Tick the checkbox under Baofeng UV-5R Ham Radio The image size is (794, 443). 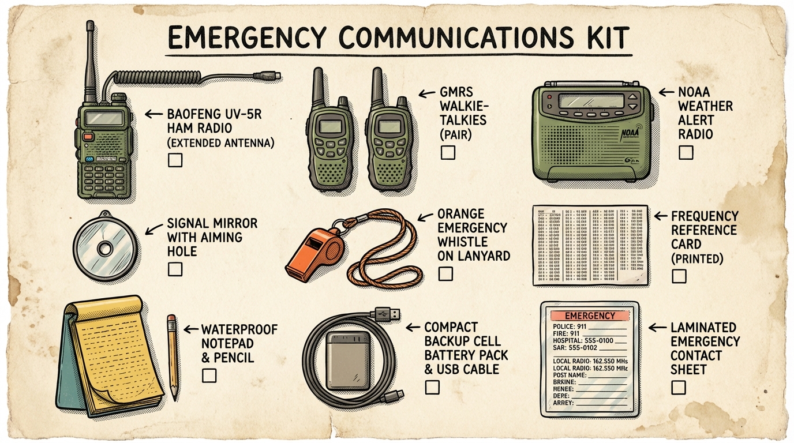tap(175, 160)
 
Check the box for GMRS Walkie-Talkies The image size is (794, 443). tap(447, 152)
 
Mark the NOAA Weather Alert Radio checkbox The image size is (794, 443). tap(686, 152)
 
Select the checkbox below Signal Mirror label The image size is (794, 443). tap(175, 269)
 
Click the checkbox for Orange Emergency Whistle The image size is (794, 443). tap(445, 273)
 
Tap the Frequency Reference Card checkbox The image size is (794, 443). tap(679, 276)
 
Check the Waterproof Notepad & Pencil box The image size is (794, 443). tap(209, 376)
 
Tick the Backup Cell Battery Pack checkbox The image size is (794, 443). tap(432, 387)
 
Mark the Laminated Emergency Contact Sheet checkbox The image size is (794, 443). tap(679, 387)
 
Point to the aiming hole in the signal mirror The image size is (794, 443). tap(105, 249)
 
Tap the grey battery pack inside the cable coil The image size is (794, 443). tap(347, 361)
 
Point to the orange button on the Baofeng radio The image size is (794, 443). tap(88, 137)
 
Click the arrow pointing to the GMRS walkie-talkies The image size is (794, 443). tap(425, 92)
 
